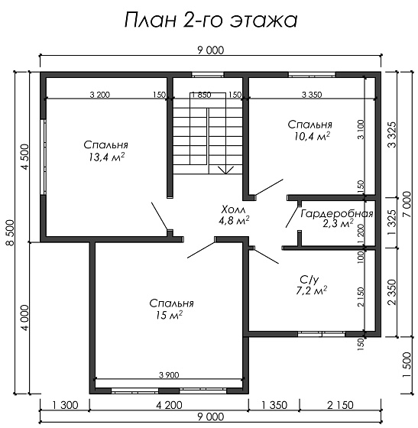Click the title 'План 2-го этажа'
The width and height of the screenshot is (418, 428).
(211, 20)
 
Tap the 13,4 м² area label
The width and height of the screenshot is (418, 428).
(106, 157)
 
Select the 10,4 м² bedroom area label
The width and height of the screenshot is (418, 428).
(312, 136)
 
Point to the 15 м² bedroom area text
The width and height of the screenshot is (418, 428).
(169, 315)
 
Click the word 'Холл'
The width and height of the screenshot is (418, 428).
(233, 209)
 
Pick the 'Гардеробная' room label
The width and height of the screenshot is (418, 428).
(337, 213)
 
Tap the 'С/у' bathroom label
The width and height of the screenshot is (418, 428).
(309, 280)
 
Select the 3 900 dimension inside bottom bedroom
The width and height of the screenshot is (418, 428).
(169, 375)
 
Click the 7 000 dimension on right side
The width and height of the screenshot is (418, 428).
(407, 204)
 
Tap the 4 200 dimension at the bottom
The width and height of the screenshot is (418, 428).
(169, 405)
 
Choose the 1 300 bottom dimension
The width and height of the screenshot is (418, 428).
(65, 405)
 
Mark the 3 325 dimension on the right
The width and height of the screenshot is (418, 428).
(392, 135)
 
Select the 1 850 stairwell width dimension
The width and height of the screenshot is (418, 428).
(202, 95)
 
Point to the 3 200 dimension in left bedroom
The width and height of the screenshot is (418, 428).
(100, 95)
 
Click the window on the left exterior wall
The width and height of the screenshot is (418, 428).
(43, 157)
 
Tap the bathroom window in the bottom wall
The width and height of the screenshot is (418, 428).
(322, 334)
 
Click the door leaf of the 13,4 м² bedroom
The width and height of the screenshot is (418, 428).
(160, 216)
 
